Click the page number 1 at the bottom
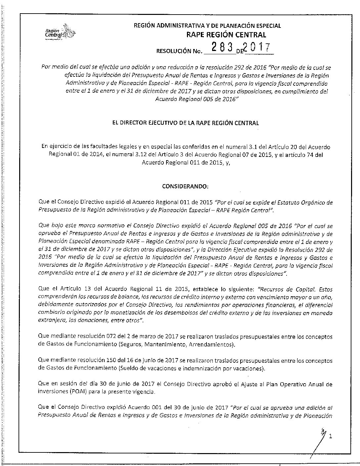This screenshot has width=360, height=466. (330, 437)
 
